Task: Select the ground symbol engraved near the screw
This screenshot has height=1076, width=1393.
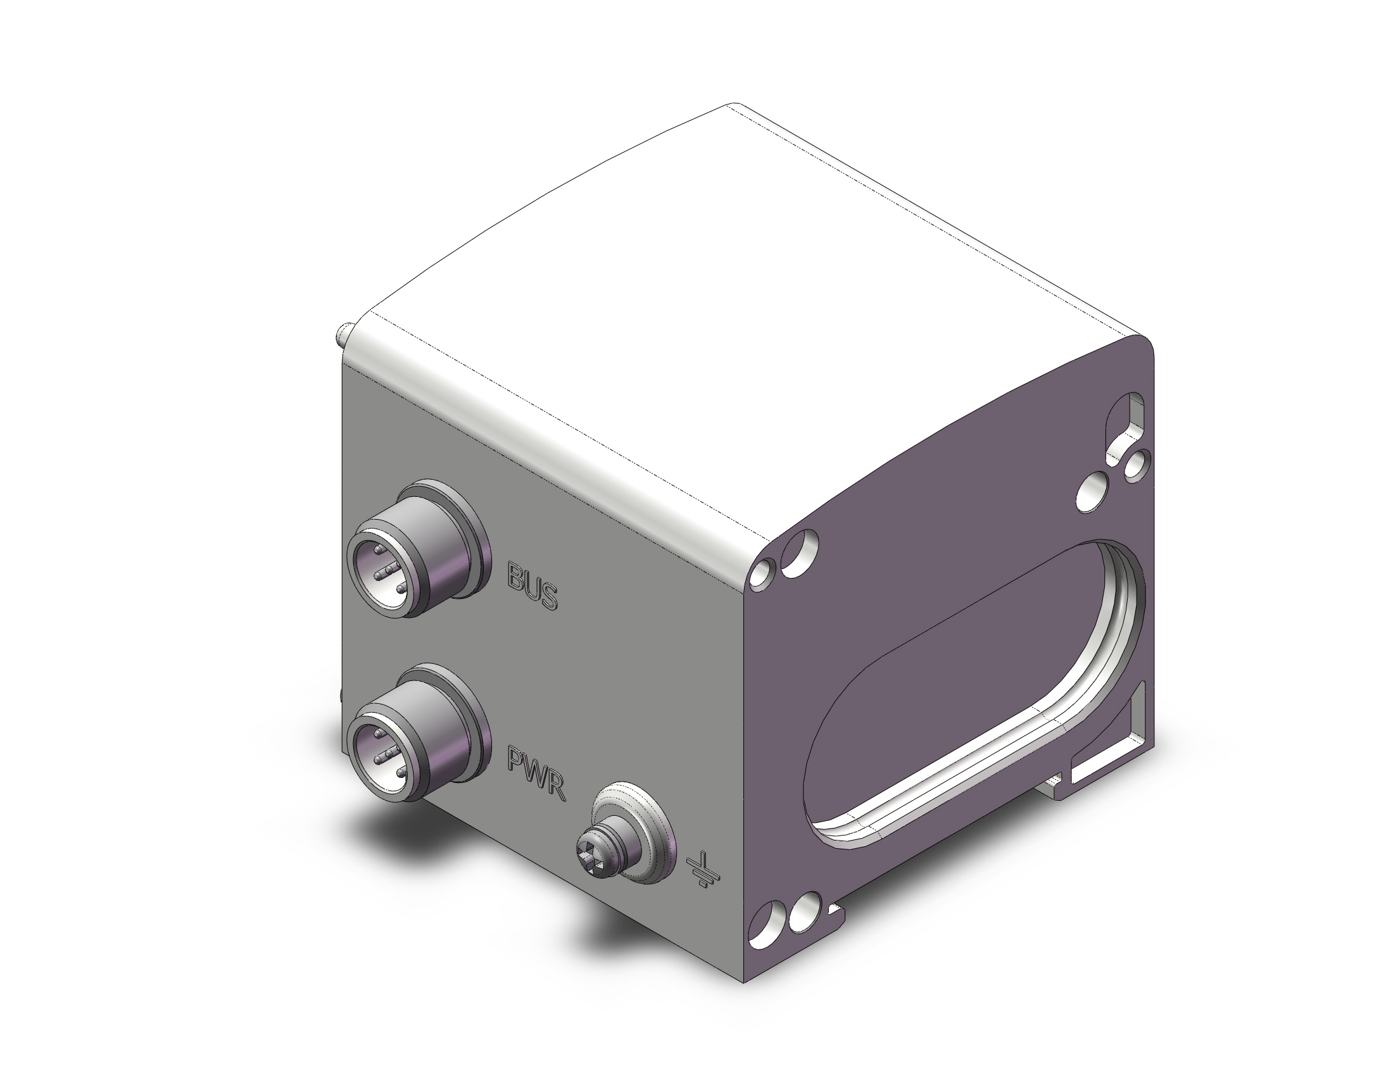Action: click(704, 871)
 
